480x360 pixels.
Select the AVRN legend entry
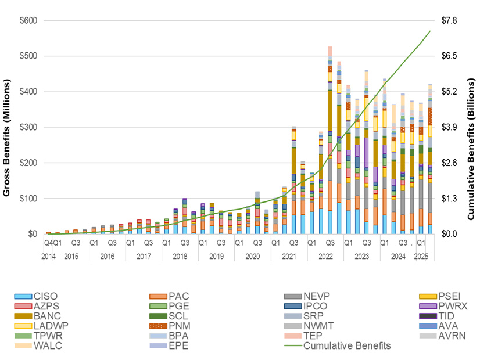click(450, 336)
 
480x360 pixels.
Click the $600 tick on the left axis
click(28, 21)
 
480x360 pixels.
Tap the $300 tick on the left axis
click(28, 127)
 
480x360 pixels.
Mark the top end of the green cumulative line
click(430, 31)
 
